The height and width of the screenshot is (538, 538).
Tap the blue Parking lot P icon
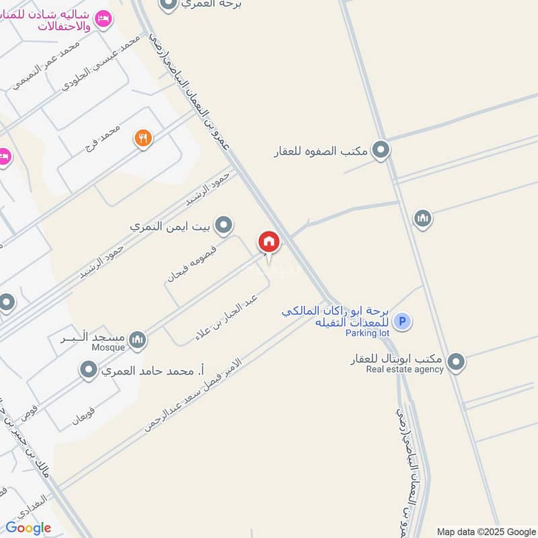coord(402,321)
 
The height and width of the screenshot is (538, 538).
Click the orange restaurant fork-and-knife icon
coord(143,139)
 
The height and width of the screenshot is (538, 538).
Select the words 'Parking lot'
coord(367,333)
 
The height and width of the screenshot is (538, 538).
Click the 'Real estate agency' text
coord(404,369)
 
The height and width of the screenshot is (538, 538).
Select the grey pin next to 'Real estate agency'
coord(456,363)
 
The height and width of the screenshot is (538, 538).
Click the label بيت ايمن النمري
coord(171,226)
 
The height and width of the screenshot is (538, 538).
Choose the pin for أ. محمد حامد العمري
coord(88,369)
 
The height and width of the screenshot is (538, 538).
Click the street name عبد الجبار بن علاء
coord(227,316)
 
